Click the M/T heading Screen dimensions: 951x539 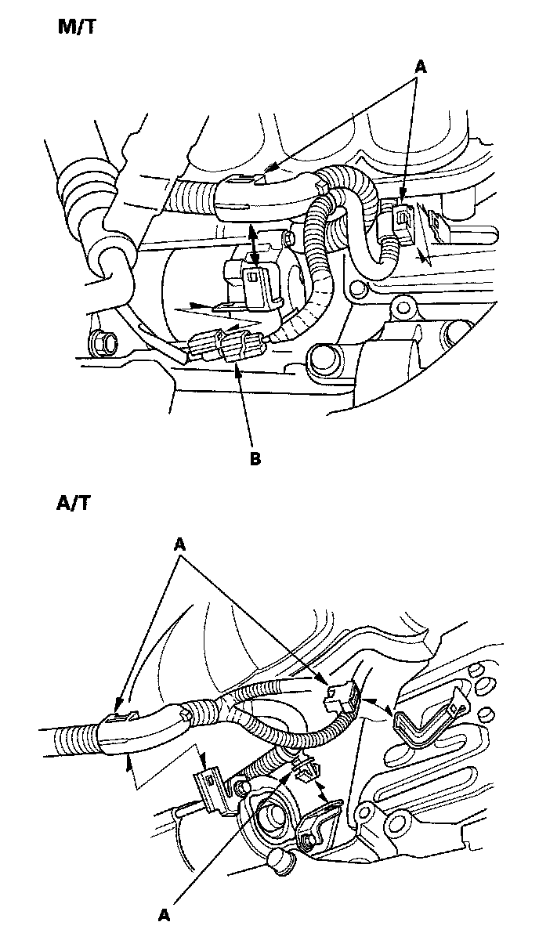(78, 28)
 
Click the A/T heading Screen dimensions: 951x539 (74, 503)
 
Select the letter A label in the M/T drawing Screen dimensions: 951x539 (420, 68)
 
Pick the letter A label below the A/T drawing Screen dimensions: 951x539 (165, 914)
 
